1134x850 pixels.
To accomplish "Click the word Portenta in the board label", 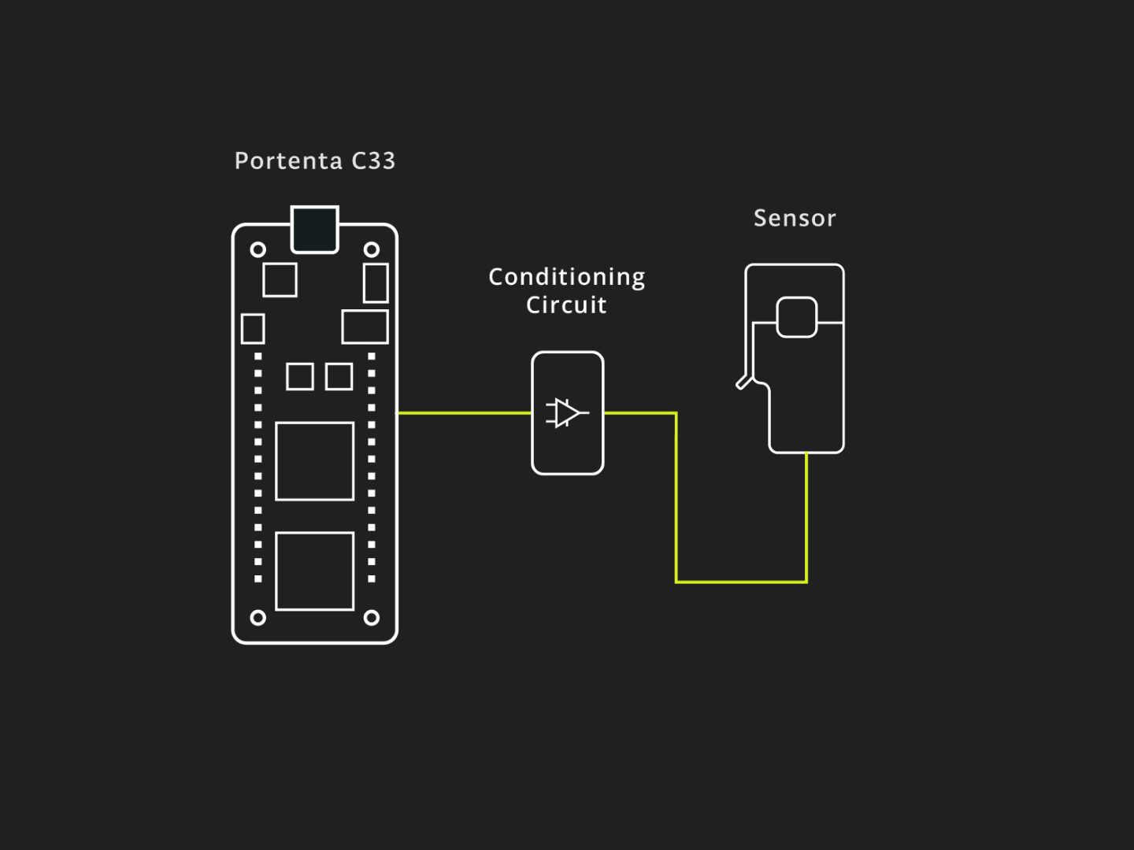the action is point(288,161).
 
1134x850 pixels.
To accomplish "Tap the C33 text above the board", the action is point(373,161).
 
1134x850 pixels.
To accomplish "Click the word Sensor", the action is point(795,218).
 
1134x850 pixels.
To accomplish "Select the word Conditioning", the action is point(567,278).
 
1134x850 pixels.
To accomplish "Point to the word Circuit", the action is point(566,305).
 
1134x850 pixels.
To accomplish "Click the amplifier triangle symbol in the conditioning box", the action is point(567,413).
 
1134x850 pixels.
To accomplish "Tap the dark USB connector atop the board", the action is point(315,230).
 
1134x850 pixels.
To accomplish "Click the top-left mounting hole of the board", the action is point(258,249).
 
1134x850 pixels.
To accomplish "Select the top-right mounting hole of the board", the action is point(372,249).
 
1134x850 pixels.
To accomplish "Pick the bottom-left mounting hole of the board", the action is point(258,617).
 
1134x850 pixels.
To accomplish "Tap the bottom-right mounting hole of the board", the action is point(372,617).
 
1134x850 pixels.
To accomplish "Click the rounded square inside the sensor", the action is point(797,317).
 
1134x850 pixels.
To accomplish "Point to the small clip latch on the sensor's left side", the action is point(743,382).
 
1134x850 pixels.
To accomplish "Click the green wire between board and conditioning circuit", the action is point(465,413).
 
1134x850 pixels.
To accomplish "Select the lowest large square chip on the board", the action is point(315,571).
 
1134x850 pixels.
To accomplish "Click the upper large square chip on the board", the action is point(315,461).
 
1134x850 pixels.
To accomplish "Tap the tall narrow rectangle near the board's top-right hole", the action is point(376,283).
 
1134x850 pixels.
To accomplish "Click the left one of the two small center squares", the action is point(300,376).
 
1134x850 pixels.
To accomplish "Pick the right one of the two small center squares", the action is point(339,376).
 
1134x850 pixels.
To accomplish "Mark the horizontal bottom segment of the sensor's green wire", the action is point(741,582).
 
